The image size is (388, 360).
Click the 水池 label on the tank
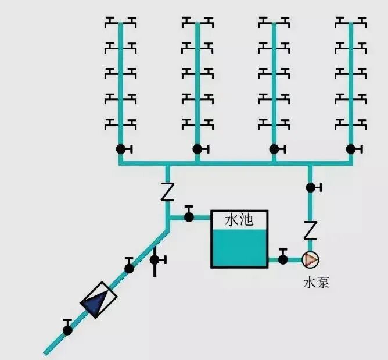coord(239,220)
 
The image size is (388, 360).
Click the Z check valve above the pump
coord(310,231)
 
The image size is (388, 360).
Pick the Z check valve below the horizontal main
coord(167,192)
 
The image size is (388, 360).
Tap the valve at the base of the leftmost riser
coord(121,149)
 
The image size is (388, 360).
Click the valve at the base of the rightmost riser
coord(351,149)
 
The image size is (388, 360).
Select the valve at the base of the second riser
coord(197,149)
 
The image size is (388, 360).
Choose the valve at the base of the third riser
coord(274,149)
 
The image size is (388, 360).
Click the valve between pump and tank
coord(283,259)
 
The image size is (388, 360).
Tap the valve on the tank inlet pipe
coord(189,217)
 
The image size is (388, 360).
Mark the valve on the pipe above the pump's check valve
coord(311,187)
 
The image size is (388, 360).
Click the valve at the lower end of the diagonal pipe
coord(68,330)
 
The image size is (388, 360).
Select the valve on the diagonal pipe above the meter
coord(129,268)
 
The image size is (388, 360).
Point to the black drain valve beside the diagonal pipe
coord(155,259)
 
